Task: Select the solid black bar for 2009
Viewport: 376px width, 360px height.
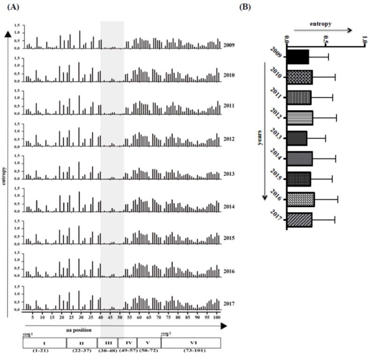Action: coord(297,57)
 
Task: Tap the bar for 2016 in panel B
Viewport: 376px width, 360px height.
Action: coord(300,200)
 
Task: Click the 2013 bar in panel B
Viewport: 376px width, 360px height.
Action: coord(296,139)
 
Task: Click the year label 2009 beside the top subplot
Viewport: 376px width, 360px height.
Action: coord(230,45)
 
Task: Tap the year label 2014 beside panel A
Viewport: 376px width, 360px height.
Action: coord(230,206)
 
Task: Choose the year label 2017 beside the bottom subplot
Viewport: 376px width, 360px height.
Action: coord(230,304)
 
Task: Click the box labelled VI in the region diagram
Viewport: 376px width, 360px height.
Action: coord(190,343)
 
